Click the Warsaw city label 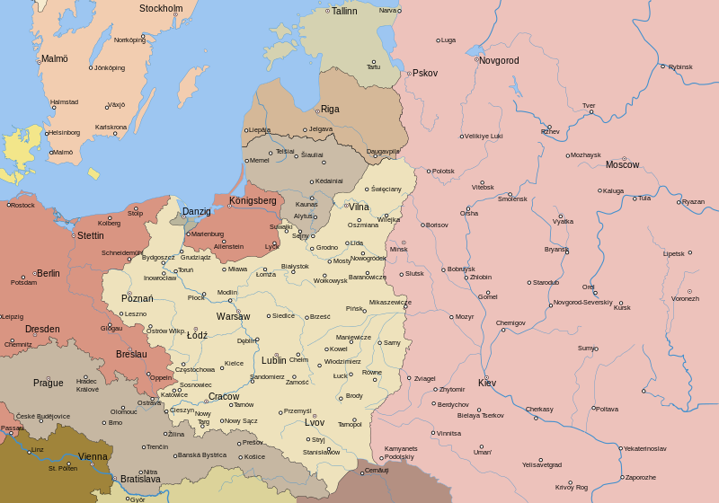pos(233,316)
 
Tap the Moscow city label pos(622,164)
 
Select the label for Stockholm pos(161,9)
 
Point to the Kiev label pos(486,383)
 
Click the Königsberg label pos(253,200)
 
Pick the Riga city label pos(330,109)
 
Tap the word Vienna pos(93,456)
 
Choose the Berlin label pos(48,273)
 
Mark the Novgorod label pos(499,60)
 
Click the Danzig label pos(196,211)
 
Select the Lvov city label pos(315,422)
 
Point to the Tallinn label pos(344,11)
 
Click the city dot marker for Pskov pos(408,74)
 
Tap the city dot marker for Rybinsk pos(663,66)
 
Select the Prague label pos(49,383)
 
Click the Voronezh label pos(685,298)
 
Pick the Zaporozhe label pos(640,477)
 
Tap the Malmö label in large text pos(54,58)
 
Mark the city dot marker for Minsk pos(404,243)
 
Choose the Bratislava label pos(140,479)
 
